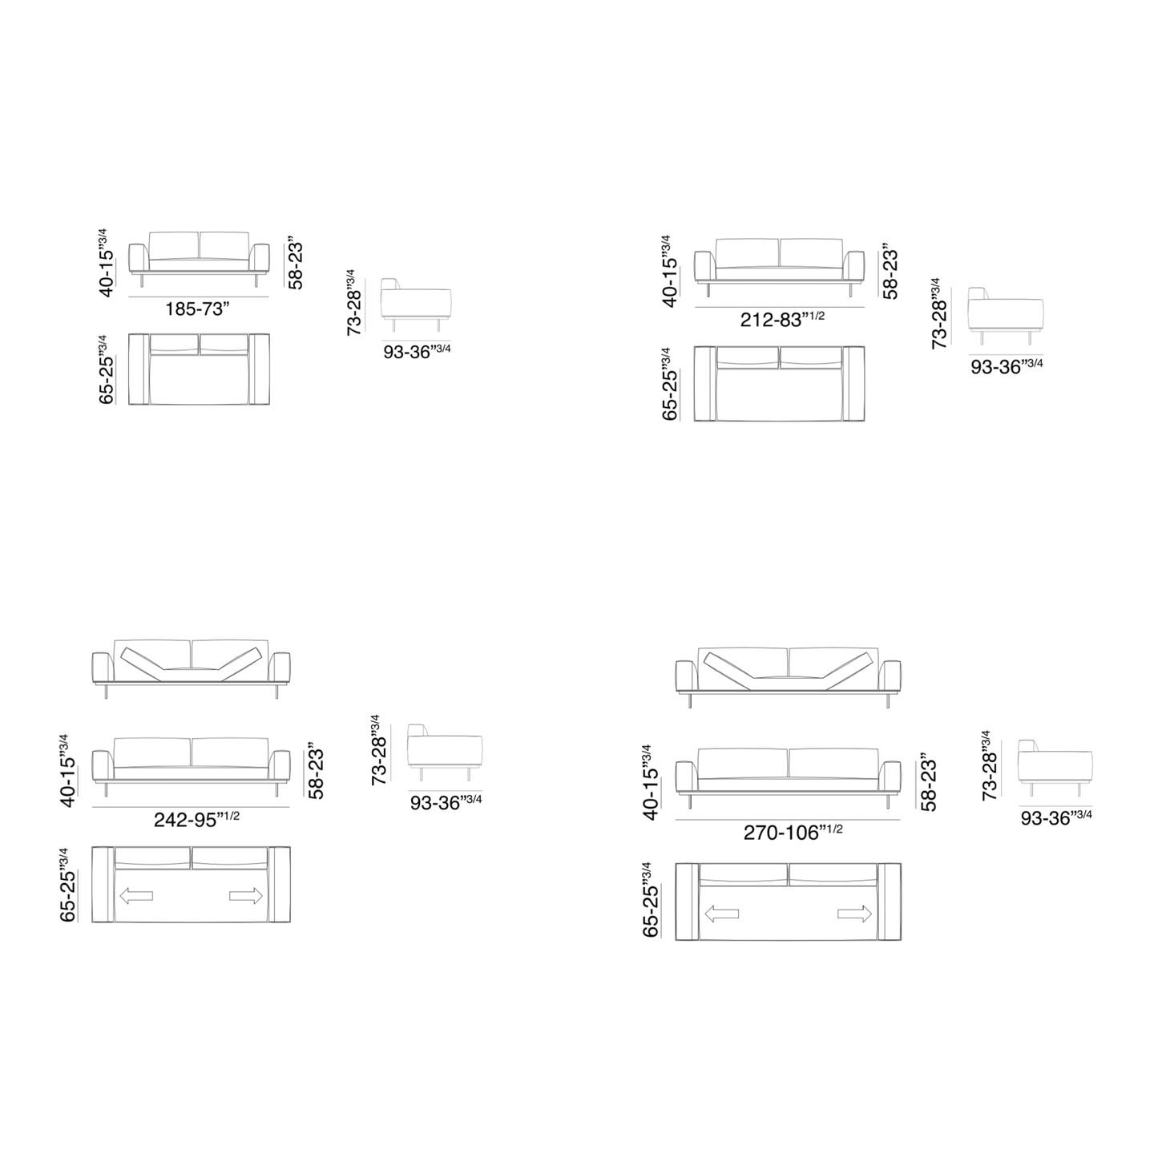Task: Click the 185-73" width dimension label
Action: (198, 309)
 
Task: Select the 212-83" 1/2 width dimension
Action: (782, 318)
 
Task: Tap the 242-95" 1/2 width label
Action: (196, 819)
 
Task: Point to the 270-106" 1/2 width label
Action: (793, 832)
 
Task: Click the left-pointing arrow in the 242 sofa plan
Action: (136, 896)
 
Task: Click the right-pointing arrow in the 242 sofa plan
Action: (246, 896)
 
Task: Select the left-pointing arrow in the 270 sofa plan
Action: (721, 914)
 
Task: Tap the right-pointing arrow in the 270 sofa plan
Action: (854, 914)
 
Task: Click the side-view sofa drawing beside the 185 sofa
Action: (416, 304)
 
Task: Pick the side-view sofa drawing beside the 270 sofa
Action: (1055, 768)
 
